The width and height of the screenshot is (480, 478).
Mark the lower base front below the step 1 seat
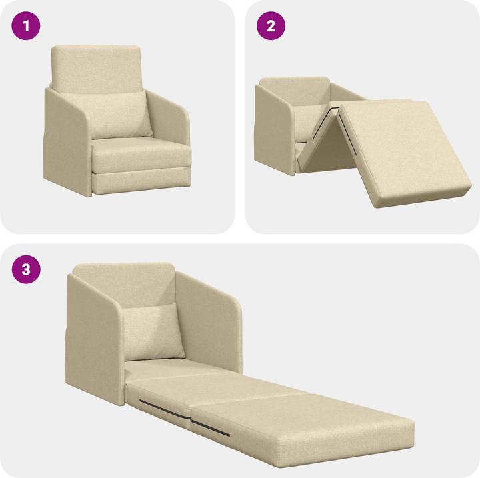141,180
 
